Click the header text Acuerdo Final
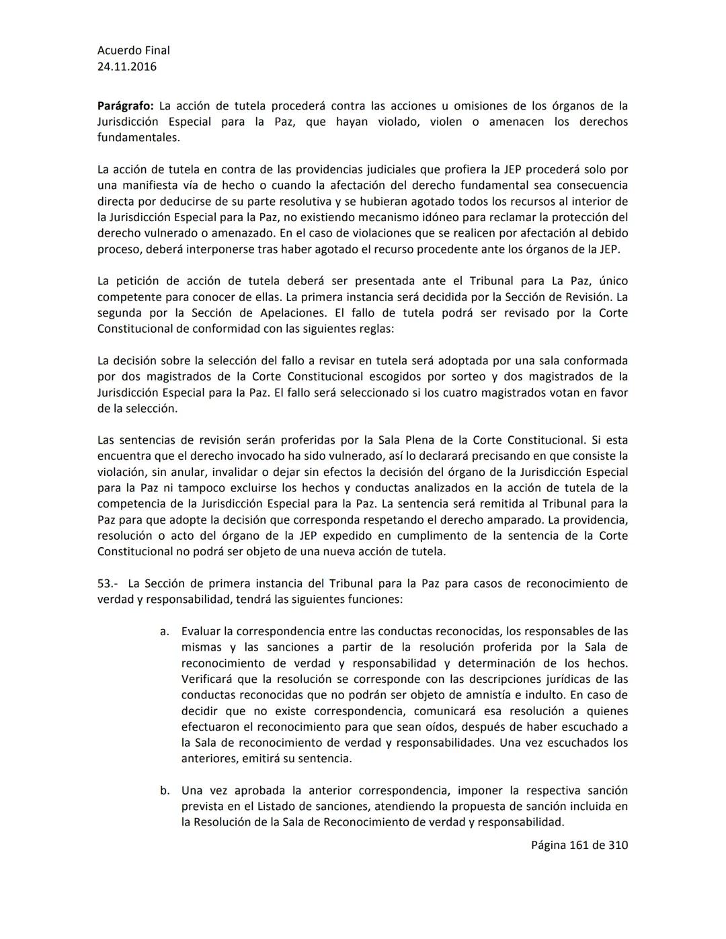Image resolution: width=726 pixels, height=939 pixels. [x=133, y=50]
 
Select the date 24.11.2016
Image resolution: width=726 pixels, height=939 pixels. [x=126, y=67]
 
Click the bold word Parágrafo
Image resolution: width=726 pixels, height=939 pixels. [x=125, y=106]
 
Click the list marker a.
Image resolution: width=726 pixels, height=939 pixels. [x=163, y=632]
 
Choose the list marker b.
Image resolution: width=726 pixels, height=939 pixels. [x=164, y=791]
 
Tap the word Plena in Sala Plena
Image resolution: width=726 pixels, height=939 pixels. [x=426, y=440]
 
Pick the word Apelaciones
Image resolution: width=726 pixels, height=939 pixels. [x=292, y=313]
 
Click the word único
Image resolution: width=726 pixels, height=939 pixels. [x=613, y=281]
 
